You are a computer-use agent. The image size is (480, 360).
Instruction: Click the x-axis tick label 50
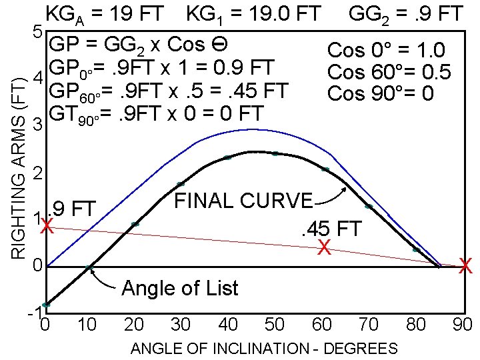(275, 325)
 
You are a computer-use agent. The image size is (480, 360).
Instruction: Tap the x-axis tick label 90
(461, 325)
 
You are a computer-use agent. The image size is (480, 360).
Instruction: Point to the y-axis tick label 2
(38, 175)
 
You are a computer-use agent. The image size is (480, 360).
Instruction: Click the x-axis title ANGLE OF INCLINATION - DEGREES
(264, 349)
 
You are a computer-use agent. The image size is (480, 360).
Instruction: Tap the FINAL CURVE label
(243, 201)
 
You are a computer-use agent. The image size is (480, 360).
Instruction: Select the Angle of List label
(179, 288)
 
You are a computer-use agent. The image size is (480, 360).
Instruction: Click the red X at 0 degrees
(47, 227)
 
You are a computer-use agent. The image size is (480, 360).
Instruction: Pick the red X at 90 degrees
(466, 267)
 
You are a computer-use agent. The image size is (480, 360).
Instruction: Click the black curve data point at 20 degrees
(135, 225)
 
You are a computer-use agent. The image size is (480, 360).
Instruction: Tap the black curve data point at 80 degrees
(416, 250)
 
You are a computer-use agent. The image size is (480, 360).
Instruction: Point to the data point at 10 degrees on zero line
(89, 268)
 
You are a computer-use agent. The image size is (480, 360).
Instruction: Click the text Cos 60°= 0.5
(389, 71)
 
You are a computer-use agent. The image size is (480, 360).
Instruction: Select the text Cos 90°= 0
(381, 93)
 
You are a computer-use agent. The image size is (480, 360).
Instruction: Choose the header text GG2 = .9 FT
(406, 13)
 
